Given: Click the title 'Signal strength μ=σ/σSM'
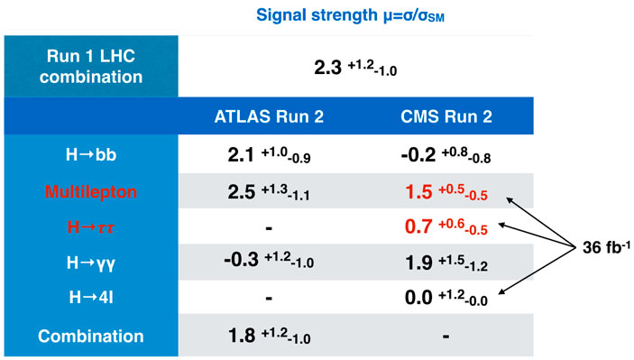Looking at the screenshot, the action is pyautogui.click(x=350, y=15).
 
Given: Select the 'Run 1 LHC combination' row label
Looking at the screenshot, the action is pyautogui.click(x=91, y=67).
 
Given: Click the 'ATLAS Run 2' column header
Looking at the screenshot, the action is pyautogui.click(x=269, y=116).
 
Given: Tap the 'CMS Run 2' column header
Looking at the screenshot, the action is pyautogui.click(x=446, y=116).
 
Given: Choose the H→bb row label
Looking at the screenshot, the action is pyautogui.click(x=91, y=154).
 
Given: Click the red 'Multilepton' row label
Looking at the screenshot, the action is pyautogui.click(x=91, y=191).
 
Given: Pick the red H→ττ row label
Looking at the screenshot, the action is pyautogui.click(x=91, y=227).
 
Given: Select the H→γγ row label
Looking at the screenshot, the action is pyautogui.click(x=91, y=263).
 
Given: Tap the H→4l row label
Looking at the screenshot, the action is pyautogui.click(x=91, y=298).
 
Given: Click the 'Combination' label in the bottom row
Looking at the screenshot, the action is pyautogui.click(x=91, y=337).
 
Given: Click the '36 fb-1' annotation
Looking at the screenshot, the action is pyautogui.click(x=606, y=246).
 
